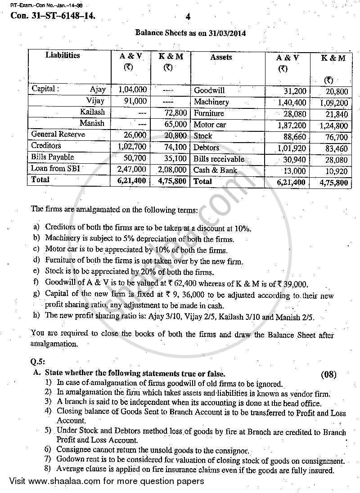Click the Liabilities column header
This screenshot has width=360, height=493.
(x=63, y=55)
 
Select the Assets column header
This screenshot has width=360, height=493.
(x=221, y=57)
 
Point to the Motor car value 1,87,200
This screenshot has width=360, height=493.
(x=292, y=125)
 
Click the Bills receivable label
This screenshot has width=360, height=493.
(x=219, y=159)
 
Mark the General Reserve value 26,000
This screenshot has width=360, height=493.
(x=135, y=134)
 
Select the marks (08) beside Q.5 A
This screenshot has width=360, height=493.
(x=328, y=374)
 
